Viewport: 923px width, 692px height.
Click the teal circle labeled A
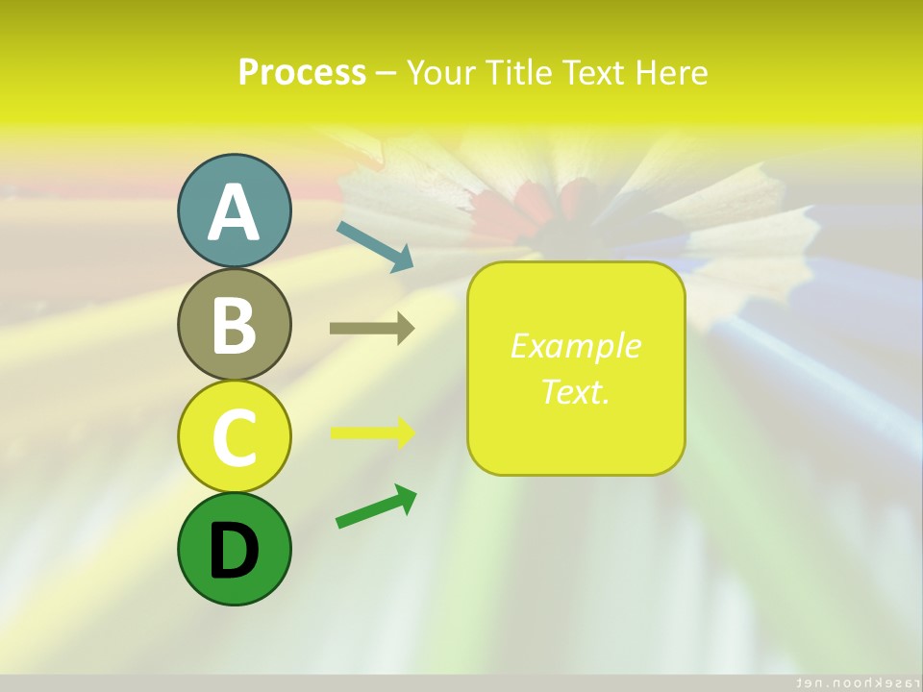[x=234, y=211]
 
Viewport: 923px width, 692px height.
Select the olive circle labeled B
[x=234, y=324]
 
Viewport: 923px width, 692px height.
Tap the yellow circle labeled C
[x=234, y=436]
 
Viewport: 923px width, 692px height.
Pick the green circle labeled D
[x=234, y=549]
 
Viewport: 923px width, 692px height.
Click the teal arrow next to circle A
[x=375, y=246]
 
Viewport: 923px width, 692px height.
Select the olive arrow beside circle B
[x=372, y=329]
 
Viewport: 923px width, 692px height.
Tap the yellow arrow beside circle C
[x=373, y=432]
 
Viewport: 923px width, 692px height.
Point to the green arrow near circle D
[x=376, y=507]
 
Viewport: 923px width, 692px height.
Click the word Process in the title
[x=302, y=72]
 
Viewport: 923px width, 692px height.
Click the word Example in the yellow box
[x=575, y=346]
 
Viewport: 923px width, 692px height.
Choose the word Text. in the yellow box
[x=575, y=392]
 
